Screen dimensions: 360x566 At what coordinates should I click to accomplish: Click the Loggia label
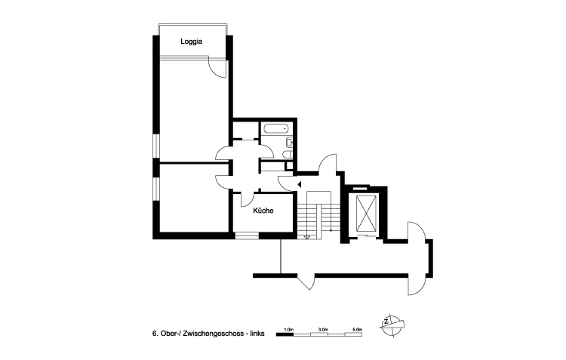pyautogui.click(x=192, y=42)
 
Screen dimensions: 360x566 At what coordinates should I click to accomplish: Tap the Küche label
pyautogui.click(x=263, y=211)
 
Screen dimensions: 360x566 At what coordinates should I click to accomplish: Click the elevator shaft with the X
pyautogui.click(x=368, y=213)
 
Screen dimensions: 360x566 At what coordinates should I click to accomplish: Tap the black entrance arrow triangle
pyautogui.click(x=299, y=183)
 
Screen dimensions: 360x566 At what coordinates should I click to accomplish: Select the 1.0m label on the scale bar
pyautogui.click(x=289, y=328)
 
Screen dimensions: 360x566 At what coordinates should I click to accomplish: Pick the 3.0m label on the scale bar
pyautogui.click(x=323, y=328)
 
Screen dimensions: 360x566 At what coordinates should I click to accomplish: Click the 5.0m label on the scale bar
pyautogui.click(x=357, y=328)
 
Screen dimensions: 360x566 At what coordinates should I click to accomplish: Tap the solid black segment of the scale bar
pyautogui.click(x=285, y=334)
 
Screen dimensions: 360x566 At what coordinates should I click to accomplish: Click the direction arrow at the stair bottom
pyautogui.click(x=307, y=237)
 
